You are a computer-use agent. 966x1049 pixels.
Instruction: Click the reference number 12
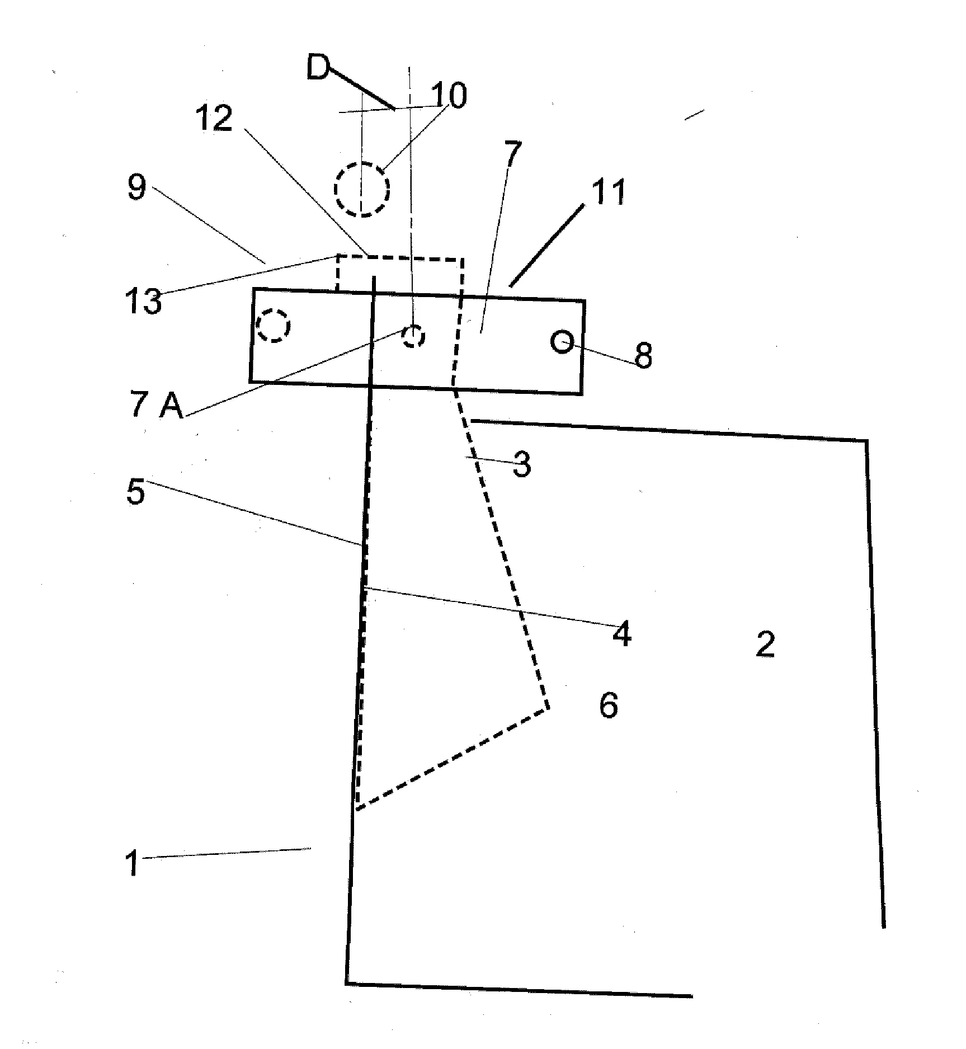(x=213, y=119)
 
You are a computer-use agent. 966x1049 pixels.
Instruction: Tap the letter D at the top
(x=318, y=69)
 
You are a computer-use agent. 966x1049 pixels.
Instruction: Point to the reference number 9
(x=137, y=187)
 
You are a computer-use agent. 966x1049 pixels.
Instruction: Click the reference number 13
(x=143, y=302)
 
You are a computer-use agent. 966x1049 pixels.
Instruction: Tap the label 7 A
(x=157, y=406)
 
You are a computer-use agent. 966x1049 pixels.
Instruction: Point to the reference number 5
(x=135, y=493)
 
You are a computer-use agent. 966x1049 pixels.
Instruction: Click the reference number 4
(x=621, y=635)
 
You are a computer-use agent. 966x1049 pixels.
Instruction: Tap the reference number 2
(x=765, y=644)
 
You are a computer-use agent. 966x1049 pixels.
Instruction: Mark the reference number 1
(x=131, y=863)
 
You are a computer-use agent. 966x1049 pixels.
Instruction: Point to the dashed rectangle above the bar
(x=400, y=258)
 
